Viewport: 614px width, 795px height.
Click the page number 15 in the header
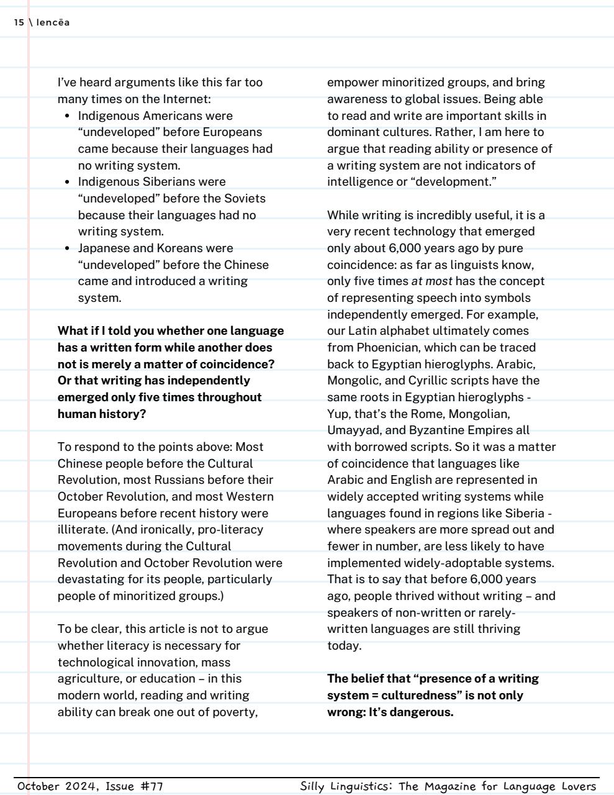(19, 23)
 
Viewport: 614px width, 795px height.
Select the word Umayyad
(351, 430)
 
